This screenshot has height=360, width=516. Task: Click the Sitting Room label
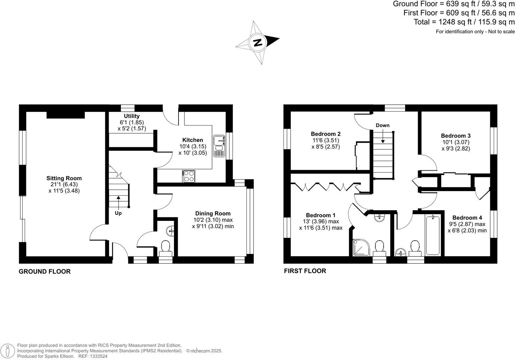point(64,178)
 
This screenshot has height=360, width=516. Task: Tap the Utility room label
point(131,116)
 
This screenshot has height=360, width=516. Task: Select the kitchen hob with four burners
point(189,176)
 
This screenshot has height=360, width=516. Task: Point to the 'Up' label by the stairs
point(118,213)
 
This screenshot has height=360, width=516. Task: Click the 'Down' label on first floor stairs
point(382,126)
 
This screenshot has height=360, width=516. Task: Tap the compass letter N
point(258,43)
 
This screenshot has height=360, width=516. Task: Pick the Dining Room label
point(213,213)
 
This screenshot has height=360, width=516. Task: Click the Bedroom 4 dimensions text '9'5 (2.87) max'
point(467,224)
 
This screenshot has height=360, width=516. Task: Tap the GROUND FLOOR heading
point(45,271)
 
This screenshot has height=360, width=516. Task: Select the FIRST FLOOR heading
point(305,271)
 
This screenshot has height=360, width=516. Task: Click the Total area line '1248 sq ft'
point(464,22)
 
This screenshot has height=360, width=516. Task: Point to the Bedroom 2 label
point(326,134)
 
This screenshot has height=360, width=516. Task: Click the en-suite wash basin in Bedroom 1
point(379,218)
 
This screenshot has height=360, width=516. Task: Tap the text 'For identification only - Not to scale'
point(475,32)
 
